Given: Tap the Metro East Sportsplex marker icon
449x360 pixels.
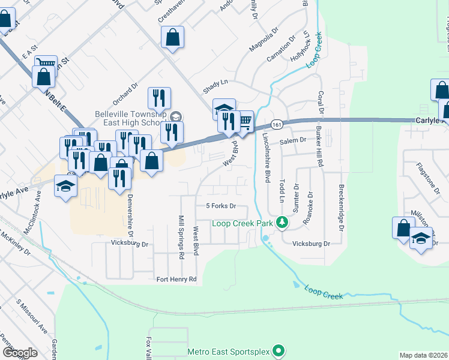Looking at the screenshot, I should tap(278, 351).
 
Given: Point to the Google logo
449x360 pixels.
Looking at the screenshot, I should tap(19, 353).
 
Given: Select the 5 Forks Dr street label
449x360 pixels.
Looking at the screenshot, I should tap(222, 206).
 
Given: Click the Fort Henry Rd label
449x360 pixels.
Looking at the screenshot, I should tap(176, 279).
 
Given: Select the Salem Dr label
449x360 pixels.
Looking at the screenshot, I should tap(294, 140).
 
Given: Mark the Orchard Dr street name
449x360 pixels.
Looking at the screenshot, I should tap(124, 94).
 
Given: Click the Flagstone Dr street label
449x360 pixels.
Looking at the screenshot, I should tap(427, 175).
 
